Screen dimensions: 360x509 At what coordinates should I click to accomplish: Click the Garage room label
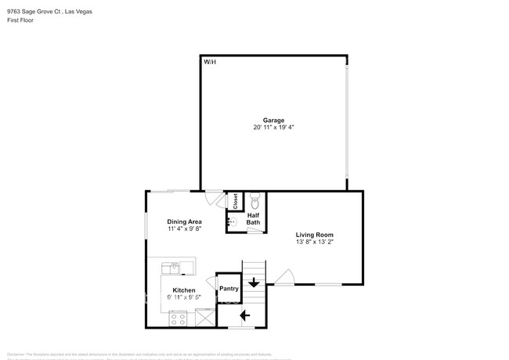click(x=273, y=120)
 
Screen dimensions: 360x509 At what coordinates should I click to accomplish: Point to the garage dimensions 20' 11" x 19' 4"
click(x=273, y=128)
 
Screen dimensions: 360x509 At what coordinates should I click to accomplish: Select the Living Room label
click(x=314, y=235)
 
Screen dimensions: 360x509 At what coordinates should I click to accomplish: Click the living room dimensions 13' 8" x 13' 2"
click(x=314, y=243)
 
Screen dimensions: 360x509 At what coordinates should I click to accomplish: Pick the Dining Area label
click(x=184, y=221)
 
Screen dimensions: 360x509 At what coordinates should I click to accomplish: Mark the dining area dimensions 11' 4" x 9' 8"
click(x=184, y=229)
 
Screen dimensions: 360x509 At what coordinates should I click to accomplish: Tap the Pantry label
click(x=229, y=289)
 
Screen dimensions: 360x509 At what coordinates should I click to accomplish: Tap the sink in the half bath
click(x=232, y=222)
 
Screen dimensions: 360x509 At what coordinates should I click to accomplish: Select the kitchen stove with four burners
click(x=177, y=319)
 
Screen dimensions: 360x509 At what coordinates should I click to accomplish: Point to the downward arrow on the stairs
click(x=254, y=283)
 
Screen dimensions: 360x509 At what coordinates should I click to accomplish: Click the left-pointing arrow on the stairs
click(x=244, y=315)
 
